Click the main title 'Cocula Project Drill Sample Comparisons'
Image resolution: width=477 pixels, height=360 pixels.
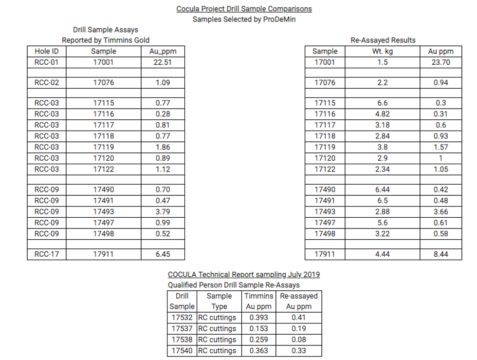(244, 9)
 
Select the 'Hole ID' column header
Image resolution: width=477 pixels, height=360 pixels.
(47, 51)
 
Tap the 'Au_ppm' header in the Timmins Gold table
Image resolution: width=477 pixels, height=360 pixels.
(163, 51)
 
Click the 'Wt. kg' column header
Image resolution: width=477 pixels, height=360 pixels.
(383, 51)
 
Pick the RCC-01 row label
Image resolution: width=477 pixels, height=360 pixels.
(47, 62)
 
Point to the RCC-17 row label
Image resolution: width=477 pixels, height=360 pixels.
(47, 254)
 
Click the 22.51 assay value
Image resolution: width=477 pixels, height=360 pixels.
(163, 62)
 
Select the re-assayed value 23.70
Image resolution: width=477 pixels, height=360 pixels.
(441, 62)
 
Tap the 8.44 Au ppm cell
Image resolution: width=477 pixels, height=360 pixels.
(441, 254)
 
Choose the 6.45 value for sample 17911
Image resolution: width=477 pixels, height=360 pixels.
(163, 254)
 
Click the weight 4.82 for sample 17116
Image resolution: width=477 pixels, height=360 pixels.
(383, 114)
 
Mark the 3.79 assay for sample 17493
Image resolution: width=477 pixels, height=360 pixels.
(163, 212)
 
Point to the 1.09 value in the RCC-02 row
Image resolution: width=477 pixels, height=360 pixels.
(163, 83)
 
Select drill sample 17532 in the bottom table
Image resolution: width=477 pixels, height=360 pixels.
(182, 318)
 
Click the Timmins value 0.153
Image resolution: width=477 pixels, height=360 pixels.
(259, 329)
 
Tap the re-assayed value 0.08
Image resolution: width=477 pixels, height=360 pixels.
(299, 340)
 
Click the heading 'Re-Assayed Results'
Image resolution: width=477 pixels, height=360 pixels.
(383, 40)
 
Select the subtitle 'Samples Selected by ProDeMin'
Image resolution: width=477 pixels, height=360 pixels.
(244, 19)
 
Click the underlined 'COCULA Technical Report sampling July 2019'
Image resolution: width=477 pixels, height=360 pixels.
(244, 275)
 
